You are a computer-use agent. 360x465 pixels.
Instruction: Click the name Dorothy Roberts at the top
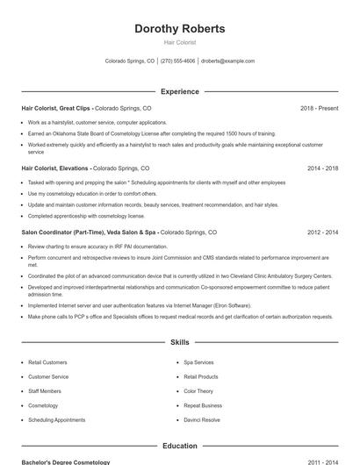tap(179, 29)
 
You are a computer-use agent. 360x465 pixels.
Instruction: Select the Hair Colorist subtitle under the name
tap(179, 42)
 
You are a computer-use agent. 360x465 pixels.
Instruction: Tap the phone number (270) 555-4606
tap(177, 61)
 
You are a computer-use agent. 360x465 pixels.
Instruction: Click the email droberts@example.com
tap(227, 61)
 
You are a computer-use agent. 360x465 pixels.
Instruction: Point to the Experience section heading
tap(179, 91)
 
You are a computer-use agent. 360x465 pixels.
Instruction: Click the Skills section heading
tap(179, 343)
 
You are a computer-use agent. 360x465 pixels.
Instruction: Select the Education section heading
tap(179, 447)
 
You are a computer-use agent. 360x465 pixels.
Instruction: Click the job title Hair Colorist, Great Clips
tap(55, 108)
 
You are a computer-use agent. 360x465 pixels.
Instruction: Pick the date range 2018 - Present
tap(319, 108)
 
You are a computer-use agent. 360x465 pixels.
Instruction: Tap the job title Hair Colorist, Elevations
tap(54, 168)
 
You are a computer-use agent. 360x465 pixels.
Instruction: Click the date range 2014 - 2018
tap(322, 168)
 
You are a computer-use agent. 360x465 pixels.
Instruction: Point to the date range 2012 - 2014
tap(322, 232)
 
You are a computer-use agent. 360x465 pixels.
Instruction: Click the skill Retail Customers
tap(47, 362)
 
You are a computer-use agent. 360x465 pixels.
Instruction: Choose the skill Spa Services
tap(198, 362)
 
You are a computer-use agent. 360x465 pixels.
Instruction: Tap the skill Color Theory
tap(198, 391)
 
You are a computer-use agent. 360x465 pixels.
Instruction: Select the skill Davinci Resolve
tap(202, 420)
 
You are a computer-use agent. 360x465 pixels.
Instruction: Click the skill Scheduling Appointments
tap(56, 420)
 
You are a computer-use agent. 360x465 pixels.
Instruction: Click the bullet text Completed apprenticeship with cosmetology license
tap(86, 216)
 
